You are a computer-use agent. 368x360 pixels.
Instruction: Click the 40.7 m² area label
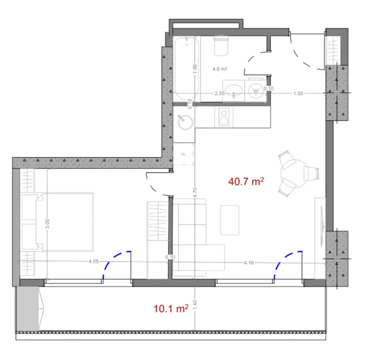[x=246, y=181]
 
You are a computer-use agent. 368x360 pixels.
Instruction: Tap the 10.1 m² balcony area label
[x=171, y=308]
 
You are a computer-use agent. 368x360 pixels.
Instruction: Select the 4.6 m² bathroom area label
[x=220, y=69]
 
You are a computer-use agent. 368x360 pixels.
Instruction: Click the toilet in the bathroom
[x=221, y=46]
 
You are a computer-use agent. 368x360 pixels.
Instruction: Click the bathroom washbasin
[x=234, y=89]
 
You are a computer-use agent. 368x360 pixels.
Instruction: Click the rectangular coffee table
[x=230, y=220]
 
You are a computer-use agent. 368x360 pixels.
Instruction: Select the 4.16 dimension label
[x=248, y=263]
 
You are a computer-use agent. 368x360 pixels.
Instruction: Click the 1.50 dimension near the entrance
[x=298, y=93]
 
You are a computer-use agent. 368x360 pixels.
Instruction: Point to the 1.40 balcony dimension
[x=194, y=308]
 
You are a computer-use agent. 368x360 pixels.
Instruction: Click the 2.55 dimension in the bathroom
[x=220, y=93]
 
